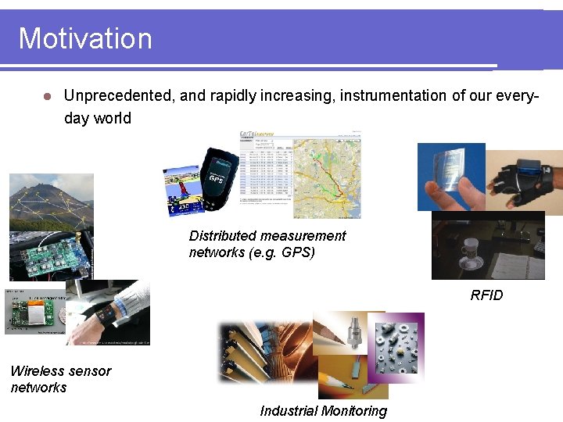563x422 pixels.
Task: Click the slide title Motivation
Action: (x=85, y=38)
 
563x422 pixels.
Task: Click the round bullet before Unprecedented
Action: (x=47, y=97)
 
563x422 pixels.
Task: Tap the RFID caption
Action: (x=486, y=295)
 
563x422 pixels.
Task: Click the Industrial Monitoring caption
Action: (x=323, y=411)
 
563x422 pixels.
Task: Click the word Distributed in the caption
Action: (x=222, y=235)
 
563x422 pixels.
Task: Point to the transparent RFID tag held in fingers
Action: (x=450, y=177)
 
